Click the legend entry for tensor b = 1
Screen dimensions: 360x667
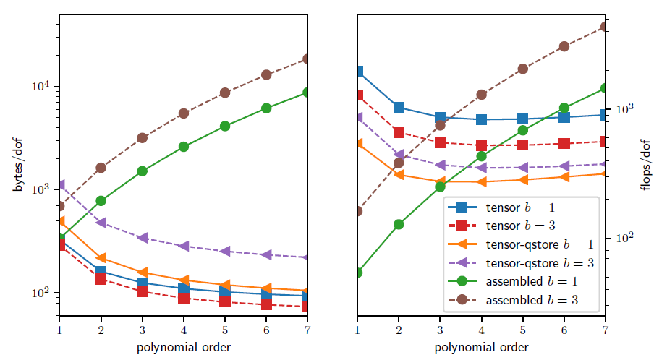(x=506, y=207)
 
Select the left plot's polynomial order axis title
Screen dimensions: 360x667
(x=183, y=348)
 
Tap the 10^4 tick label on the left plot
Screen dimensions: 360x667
(x=41, y=86)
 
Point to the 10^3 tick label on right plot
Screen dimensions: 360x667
(x=624, y=109)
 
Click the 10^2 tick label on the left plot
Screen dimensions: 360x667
(x=41, y=293)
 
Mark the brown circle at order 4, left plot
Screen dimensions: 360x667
(x=183, y=113)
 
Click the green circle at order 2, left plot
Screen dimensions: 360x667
(x=101, y=201)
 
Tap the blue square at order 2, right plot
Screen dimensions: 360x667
(x=399, y=108)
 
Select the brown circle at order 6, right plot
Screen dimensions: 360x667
(x=564, y=46)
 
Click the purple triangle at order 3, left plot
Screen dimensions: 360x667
(x=142, y=238)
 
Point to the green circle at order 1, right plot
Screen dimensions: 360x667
(x=357, y=273)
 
